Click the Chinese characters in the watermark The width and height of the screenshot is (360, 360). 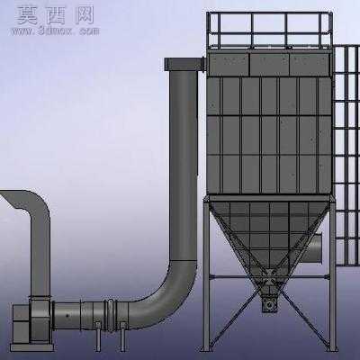pyautogui.click(x=56, y=15)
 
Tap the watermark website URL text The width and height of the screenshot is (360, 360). pyautogui.click(x=56, y=31)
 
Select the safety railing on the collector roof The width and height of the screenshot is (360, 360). pyautogui.click(x=269, y=30)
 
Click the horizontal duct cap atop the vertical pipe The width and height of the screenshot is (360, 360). pyautogui.click(x=184, y=65)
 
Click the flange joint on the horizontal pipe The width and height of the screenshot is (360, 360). pyautogui.click(x=110, y=315)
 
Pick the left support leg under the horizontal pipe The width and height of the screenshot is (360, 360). pyautogui.click(x=97, y=336)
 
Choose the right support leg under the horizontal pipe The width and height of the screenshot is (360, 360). pyautogui.click(x=122, y=336)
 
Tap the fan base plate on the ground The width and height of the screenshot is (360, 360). pyautogui.click(x=32, y=347)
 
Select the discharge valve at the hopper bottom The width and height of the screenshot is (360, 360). pyautogui.click(x=269, y=304)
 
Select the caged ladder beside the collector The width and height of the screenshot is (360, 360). pyautogui.click(x=347, y=155)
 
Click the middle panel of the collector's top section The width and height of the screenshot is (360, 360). pyautogui.click(x=269, y=65)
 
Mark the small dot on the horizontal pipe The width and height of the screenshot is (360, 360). pyautogui.click(x=67, y=315)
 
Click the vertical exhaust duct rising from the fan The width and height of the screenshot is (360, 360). pyautogui.click(x=40, y=243)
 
